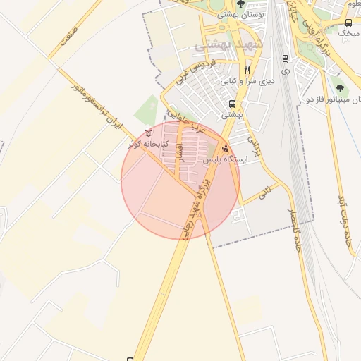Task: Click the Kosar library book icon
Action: click(x=148, y=133)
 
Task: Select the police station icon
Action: click(x=225, y=149)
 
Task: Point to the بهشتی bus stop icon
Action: click(x=232, y=104)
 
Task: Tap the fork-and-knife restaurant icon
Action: click(x=247, y=70)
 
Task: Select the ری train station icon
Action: click(x=284, y=59)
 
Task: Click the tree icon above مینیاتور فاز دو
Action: click(x=341, y=89)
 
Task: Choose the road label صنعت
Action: click(x=68, y=33)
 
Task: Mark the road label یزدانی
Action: click(x=252, y=145)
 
